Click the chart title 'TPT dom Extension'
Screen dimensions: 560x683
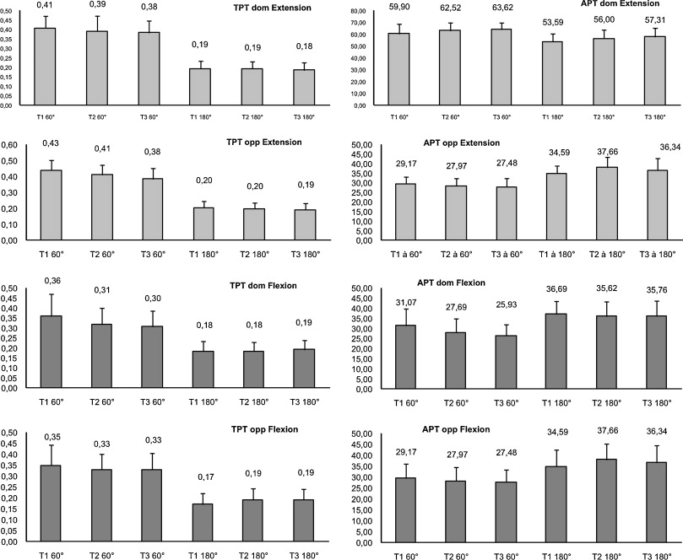click(x=271, y=8)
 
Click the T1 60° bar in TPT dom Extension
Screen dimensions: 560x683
click(x=45, y=67)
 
